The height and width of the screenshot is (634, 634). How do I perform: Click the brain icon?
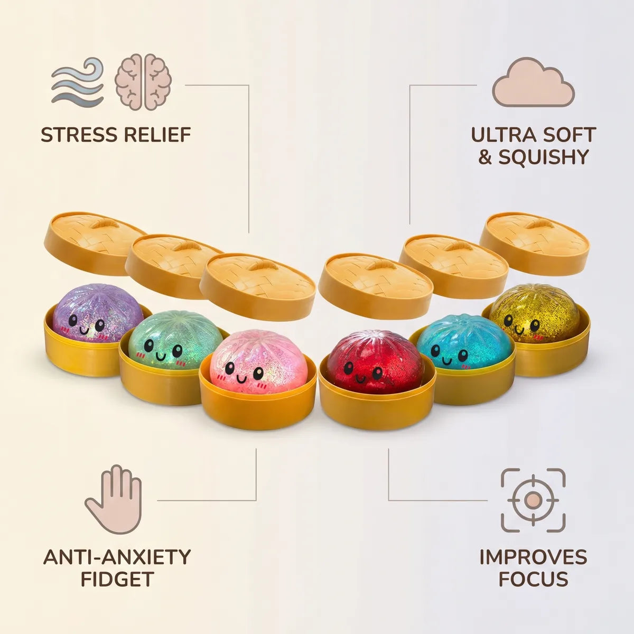click(143, 82)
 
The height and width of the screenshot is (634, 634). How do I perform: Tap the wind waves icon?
click(78, 81)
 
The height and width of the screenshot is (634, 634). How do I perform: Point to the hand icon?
click(114, 499)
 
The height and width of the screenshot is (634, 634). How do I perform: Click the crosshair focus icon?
click(533, 500)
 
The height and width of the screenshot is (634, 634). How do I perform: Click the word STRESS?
click(78, 135)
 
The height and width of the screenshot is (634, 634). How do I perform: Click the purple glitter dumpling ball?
click(98, 313)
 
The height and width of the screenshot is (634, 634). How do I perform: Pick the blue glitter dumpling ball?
click(464, 341)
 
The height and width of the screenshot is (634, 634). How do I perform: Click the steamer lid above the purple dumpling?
click(96, 244)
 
